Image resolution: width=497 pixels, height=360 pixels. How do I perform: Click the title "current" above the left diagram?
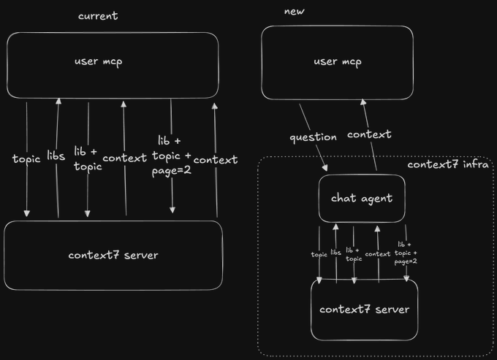click(x=98, y=16)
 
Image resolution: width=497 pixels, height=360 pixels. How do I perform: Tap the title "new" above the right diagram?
click(x=294, y=12)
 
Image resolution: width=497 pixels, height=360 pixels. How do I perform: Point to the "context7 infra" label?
click(x=448, y=164)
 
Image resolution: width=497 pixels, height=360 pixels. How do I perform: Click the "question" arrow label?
click(x=313, y=137)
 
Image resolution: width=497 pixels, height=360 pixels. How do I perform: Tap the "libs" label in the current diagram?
click(x=56, y=156)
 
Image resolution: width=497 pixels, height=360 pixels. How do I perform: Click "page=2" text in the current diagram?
click(x=172, y=171)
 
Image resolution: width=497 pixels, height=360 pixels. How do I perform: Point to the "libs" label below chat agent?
click(x=335, y=252)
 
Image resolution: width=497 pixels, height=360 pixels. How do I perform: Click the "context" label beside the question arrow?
click(x=369, y=134)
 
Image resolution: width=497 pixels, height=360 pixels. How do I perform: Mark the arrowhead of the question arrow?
click(x=325, y=168)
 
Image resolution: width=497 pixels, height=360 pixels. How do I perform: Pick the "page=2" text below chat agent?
click(x=406, y=261)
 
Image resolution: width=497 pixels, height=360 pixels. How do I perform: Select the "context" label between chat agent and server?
click(x=378, y=254)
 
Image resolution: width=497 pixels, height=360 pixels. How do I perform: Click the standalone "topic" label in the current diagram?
click(x=26, y=159)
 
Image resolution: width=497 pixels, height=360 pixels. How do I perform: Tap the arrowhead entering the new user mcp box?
click(x=363, y=102)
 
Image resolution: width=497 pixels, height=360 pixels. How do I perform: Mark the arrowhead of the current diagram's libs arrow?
click(x=58, y=102)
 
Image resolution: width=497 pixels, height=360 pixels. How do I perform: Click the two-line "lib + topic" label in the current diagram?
click(x=88, y=159)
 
